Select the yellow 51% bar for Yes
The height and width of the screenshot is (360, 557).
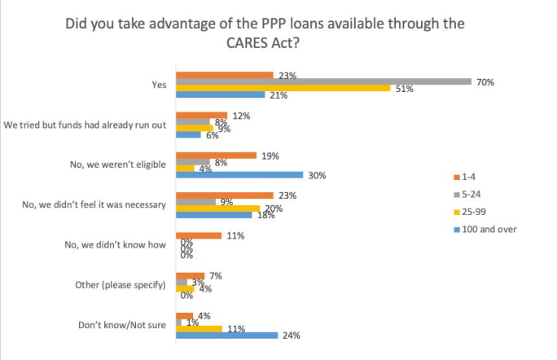click(283, 88)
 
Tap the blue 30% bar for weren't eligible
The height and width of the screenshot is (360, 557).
click(239, 174)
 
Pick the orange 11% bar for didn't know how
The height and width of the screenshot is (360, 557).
click(199, 235)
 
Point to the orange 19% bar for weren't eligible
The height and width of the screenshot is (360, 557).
click(216, 155)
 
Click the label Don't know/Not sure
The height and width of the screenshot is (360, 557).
click(125, 324)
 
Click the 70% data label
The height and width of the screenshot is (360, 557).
click(486, 82)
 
